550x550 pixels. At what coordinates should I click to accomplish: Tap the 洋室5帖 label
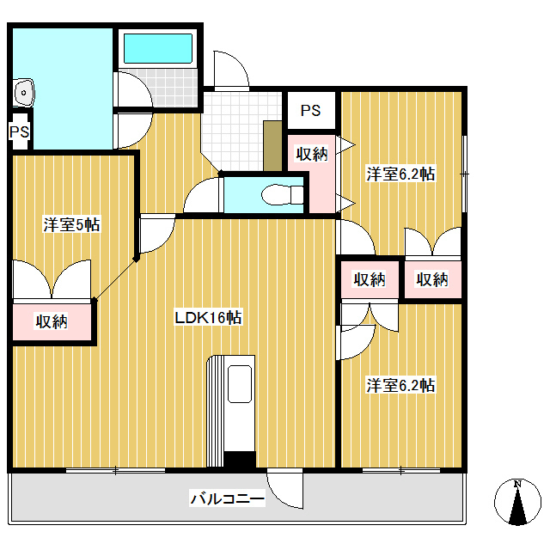(72, 225)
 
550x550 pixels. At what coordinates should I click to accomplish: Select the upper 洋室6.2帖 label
(400, 174)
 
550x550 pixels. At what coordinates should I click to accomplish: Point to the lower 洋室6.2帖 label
(400, 385)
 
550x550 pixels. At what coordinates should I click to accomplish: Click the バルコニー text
(227, 498)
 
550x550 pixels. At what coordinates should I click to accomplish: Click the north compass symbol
(517, 503)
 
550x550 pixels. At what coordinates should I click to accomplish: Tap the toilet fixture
(275, 196)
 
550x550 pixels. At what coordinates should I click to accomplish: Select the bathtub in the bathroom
(158, 49)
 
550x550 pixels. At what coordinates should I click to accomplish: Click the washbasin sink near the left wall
(23, 91)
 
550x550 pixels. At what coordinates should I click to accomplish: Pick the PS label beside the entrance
(310, 111)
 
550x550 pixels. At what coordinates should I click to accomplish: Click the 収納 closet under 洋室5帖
(52, 322)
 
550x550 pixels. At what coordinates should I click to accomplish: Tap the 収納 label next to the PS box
(312, 155)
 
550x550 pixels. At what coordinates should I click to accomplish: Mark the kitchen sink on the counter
(240, 383)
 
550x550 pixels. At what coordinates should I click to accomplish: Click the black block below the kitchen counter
(240, 459)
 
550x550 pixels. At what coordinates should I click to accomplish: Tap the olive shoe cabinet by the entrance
(273, 146)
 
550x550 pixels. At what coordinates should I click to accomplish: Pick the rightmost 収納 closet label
(432, 279)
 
